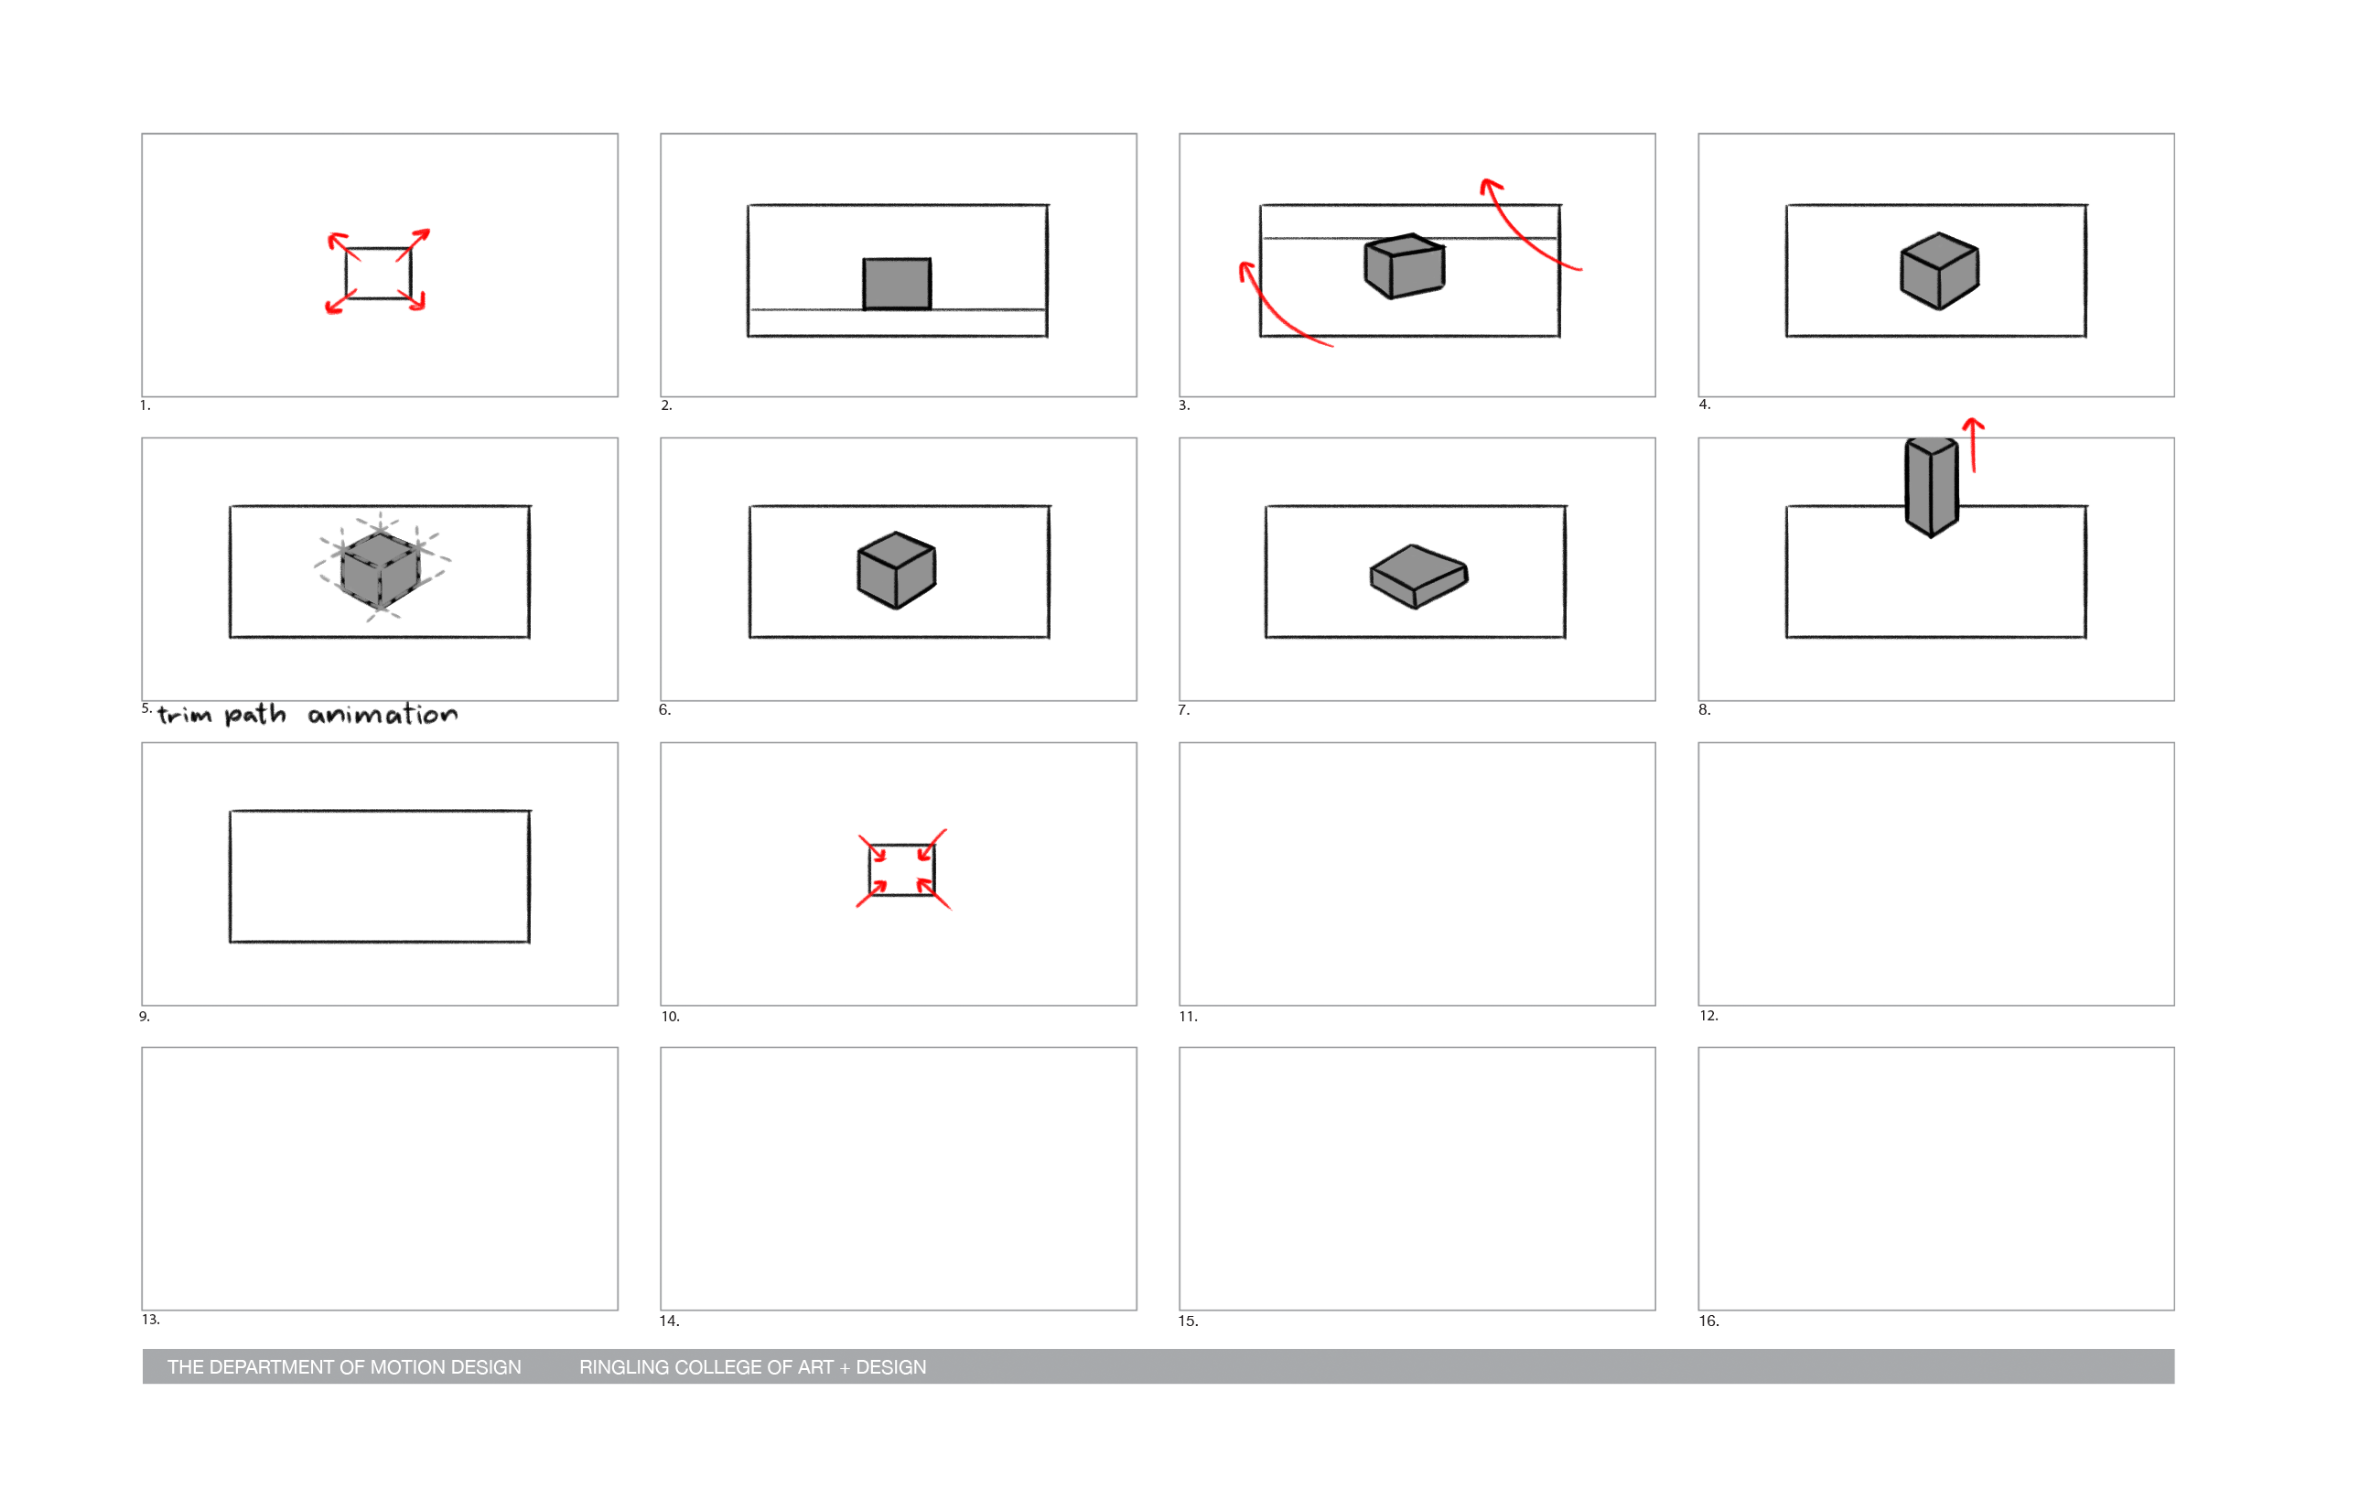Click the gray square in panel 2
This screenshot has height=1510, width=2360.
click(x=897, y=284)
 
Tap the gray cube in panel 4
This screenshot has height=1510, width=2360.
click(x=1939, y=272)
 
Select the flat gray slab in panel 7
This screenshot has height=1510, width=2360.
click(x=1418, y=577)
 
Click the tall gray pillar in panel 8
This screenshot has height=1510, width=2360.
click(x=1932, y=487)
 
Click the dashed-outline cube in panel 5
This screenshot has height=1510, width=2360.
click(x=381, y=568)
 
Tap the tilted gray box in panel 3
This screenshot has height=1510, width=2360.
click(x=1404, y=265)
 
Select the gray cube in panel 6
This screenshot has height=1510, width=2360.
click(x=896, y=569)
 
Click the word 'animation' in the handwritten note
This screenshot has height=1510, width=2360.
click(x=383, y=715)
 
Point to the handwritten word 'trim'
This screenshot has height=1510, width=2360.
click(x=184, y=715)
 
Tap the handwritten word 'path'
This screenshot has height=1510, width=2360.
click(x=255, y=715)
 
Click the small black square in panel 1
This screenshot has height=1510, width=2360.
click(x=379, y=274)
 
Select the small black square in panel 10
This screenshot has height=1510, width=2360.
click(x=902, y=869)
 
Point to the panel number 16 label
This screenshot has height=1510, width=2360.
click(x=1709, y=1321)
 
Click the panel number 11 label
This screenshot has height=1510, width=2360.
click(x=1189, y=1017)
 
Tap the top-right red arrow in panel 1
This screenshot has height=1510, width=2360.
click(x=414, y=244)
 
